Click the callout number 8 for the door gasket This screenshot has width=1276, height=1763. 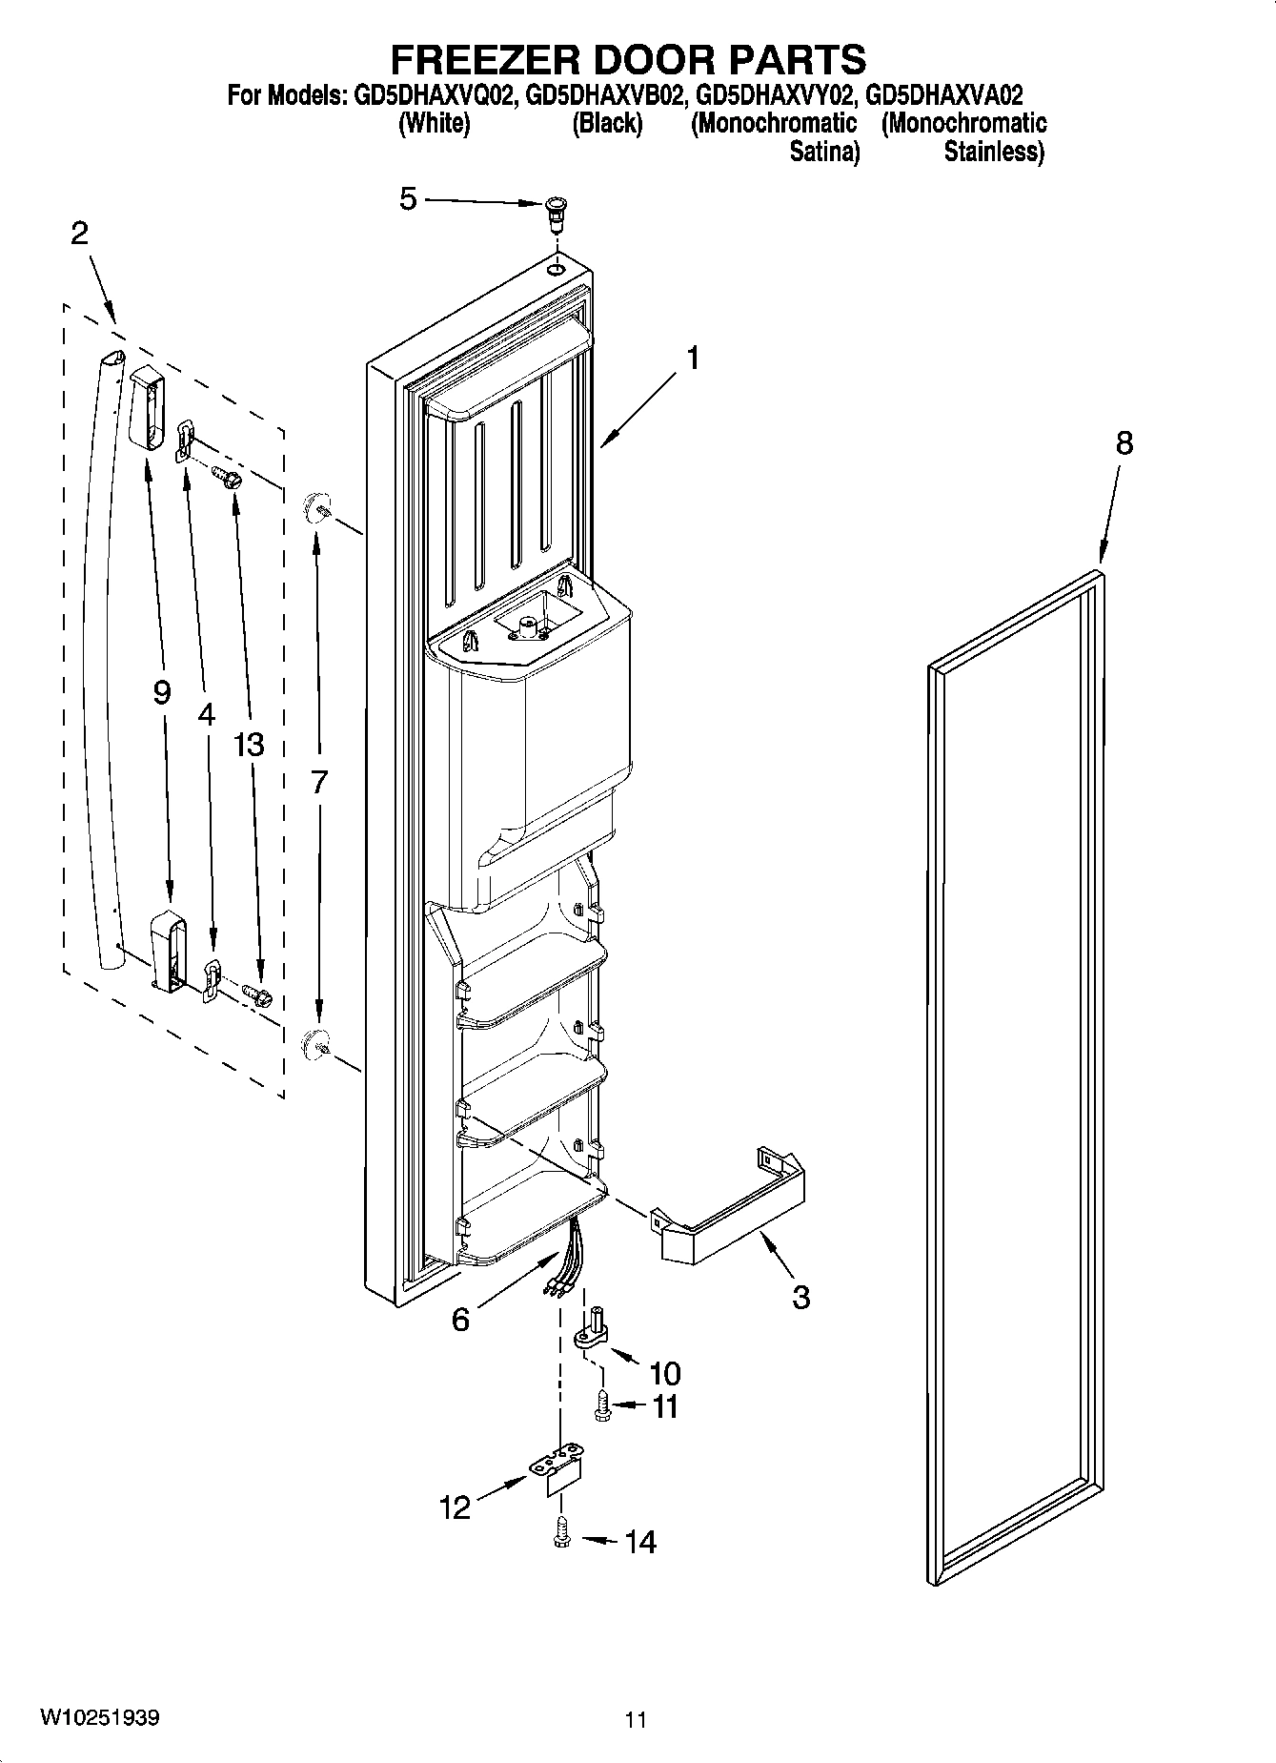coord(1124,443)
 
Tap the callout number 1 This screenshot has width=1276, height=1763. coord(693,359)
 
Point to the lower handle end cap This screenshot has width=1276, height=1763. coord(166,950)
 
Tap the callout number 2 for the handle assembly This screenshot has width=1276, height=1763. coord(80,234)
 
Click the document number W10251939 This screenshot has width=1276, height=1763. coord(99,1718)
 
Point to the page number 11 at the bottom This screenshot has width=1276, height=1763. coord(636,1720)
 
